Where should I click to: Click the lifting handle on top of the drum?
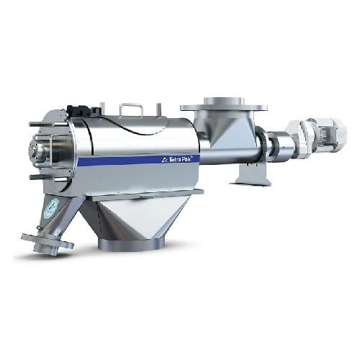132,108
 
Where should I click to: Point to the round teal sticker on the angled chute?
51,207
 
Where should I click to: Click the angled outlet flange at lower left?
47,243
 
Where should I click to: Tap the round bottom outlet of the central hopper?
131,244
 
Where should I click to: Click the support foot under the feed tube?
251,174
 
